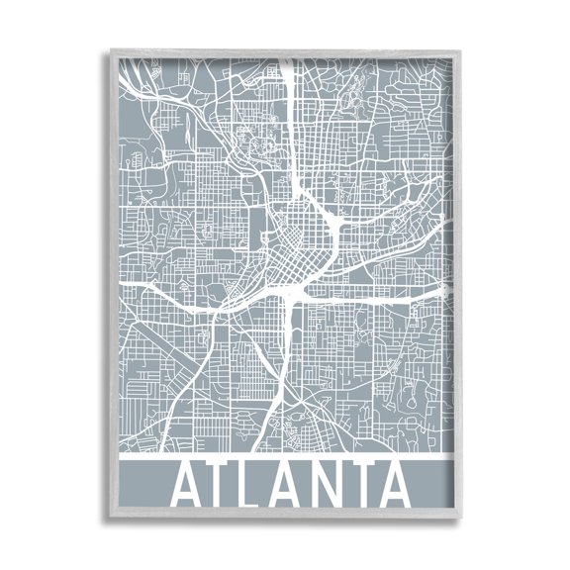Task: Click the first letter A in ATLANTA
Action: [189, 486]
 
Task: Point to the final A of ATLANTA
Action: [395, 486]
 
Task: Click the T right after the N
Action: [362, 486]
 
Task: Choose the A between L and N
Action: [290, 486]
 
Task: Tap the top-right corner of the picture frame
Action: [463, 46]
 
